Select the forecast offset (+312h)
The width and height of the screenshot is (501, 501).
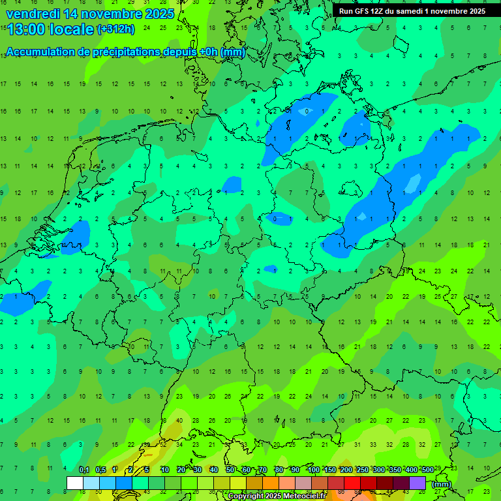pyautogui.click(x=117, y=29)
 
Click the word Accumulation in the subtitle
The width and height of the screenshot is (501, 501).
pyautogui.click(x=44, y=52)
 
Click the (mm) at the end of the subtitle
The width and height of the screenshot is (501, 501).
pyautogui.click(x=233, y=52)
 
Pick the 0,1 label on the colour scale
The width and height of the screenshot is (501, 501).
pyautogui.click(x=84, y=470)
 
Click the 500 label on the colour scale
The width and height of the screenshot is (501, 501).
pyautogui.click(x=427, y=470)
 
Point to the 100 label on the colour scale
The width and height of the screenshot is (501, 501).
pyautogui.click(x=313, y=470)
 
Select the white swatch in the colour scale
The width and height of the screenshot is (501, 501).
pyautogui.click(x=75, y=483)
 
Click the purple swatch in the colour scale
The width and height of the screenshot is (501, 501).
pyautogui.click(x=417, y=483)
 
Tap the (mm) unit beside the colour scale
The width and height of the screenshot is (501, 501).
pyautogui.click(x=441, y=484)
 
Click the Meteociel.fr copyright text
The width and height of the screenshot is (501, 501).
pyautogui.click(x=284, y=496)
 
